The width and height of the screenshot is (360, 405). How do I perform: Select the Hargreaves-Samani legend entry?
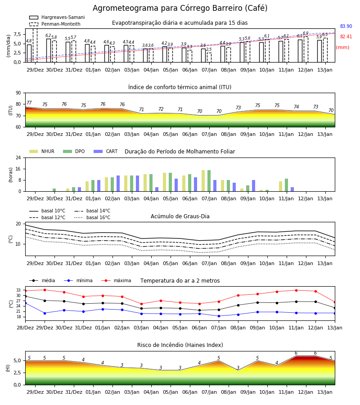(57, 17)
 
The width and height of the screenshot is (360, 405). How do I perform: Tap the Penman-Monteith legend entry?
(55, 24)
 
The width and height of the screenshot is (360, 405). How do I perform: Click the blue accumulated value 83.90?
(346, 27)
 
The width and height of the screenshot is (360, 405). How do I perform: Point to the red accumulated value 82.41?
(346, 37)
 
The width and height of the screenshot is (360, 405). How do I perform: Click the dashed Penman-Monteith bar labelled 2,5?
(209, 58)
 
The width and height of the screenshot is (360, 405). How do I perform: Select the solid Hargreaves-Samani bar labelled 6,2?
(49, 50)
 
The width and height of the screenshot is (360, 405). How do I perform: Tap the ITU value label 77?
(29, 103)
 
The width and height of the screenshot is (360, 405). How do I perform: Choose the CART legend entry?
(106, 151)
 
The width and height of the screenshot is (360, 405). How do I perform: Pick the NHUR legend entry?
(42, 151)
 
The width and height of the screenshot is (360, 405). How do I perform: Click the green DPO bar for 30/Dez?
(54, 190)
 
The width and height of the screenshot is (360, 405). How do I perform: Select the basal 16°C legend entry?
(92, 217)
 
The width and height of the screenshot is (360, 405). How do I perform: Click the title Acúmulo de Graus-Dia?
(180, 216)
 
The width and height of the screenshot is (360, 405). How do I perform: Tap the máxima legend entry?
(116, 280)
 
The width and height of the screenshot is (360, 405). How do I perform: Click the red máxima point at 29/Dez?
(45, 290)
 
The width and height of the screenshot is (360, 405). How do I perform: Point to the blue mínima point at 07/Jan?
(219, 316)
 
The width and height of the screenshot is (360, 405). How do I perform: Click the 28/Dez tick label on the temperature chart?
(25, 328)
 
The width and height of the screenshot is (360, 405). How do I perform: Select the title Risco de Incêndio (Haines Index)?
(180, 345)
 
